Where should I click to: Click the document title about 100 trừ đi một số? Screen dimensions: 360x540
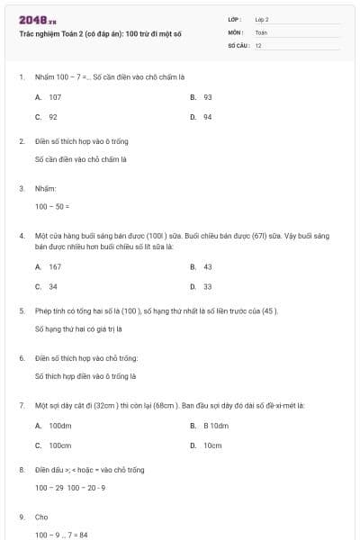100,32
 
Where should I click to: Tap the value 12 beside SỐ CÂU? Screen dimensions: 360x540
258,45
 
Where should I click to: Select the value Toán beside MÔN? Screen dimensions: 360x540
261,31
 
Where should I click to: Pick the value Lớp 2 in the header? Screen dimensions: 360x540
262,19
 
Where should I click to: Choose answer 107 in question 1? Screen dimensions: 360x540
55,96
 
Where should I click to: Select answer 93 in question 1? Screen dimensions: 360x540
208,96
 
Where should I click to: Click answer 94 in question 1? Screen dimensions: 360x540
208,117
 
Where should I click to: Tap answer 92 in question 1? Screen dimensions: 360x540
53,117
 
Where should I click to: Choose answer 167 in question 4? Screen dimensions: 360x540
55,266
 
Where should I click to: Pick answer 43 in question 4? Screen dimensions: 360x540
208,266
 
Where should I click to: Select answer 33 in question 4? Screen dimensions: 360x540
208,287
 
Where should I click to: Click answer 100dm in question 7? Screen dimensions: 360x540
59,425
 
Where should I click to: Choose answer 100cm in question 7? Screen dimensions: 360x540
59,445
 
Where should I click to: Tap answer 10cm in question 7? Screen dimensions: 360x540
212,445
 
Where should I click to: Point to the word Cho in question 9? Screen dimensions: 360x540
41,517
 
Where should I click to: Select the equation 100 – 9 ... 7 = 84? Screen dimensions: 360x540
61,535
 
